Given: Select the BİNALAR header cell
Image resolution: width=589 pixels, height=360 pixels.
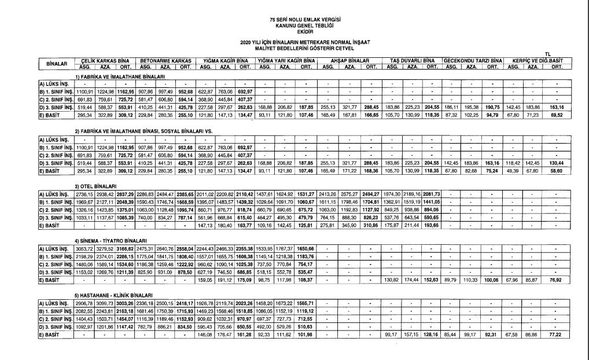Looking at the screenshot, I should point(56,63).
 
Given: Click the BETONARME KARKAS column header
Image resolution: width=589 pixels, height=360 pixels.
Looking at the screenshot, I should point(165,60).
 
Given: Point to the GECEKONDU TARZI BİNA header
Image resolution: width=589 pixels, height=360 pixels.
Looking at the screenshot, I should point(473,60).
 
